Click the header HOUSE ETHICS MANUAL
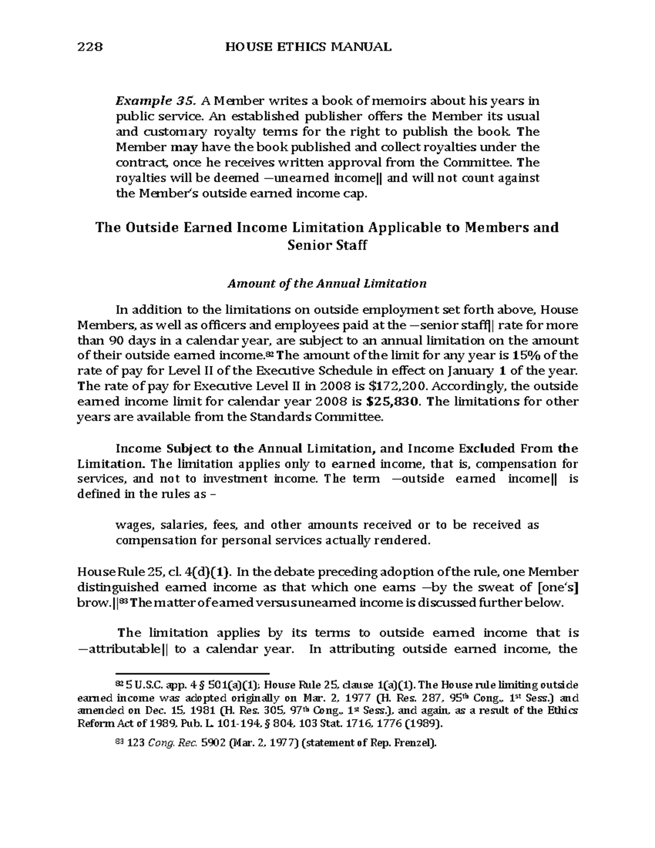(308, 47)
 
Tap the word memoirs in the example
(325, 100)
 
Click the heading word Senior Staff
(327, 245)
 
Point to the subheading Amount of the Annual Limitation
(327, 284)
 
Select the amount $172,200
(400, 386)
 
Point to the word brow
(92, 603)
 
